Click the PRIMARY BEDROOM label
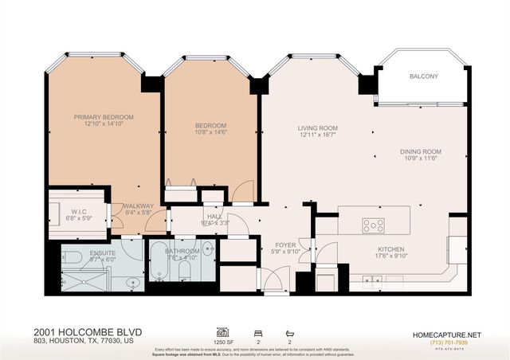click(104, 117)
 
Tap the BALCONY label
click(423, 76)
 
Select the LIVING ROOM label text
click(318, 127)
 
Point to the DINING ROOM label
click(420, 151)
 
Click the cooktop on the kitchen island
click(374, 225)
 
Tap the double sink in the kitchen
click(371, 279)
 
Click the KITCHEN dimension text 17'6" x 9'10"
click(391, 256)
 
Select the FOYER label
click(285, 245)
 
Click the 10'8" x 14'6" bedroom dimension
click(211, 134)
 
